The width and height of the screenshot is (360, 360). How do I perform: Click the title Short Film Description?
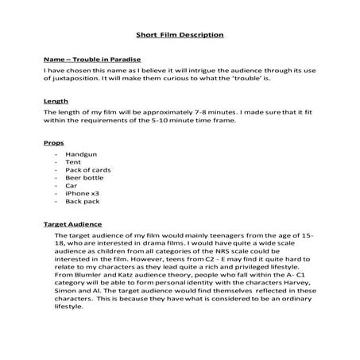tap(180, 35)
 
